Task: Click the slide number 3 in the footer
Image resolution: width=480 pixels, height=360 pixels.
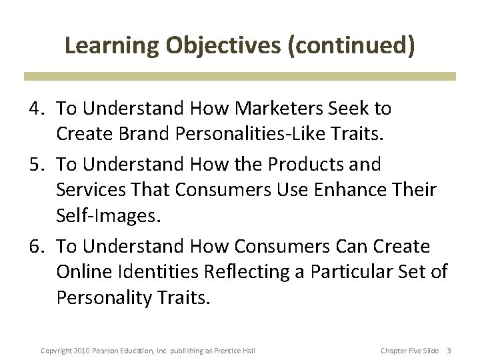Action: coord(449,351)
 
